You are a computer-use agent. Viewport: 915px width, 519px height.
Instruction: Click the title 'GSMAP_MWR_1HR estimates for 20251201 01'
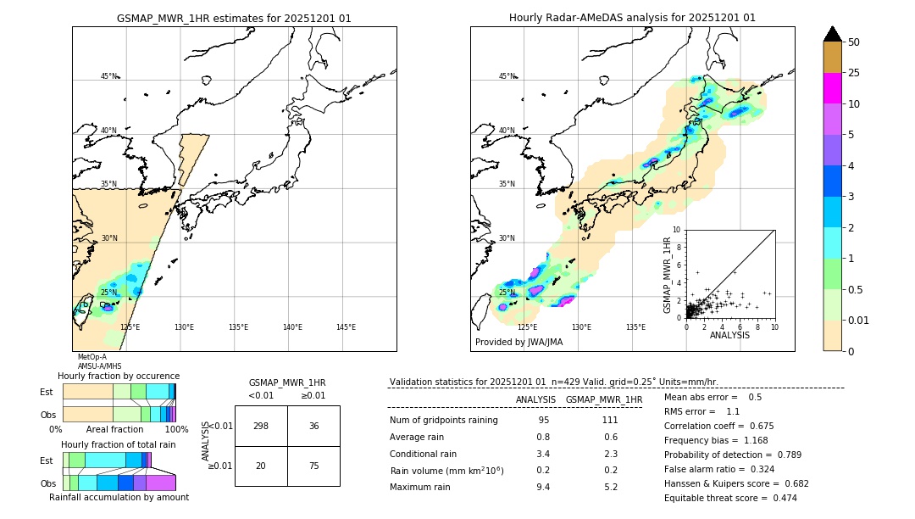coord(234,18)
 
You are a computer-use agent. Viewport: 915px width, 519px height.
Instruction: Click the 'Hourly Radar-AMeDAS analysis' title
coord(632,18)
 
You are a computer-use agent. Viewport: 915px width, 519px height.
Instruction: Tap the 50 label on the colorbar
coord(854,42)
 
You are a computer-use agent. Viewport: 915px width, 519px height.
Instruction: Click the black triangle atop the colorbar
coord(833,34)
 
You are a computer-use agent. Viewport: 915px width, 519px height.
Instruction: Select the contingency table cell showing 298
coord(261,426)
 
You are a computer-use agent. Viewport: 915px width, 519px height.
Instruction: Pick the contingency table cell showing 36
coord(313,426)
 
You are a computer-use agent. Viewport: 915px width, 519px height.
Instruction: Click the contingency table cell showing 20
coord(261,466)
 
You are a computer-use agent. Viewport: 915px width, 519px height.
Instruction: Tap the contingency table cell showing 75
coord(313,466)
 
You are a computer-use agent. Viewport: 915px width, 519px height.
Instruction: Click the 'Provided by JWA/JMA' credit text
coord(518,343)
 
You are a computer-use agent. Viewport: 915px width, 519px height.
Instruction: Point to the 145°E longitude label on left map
coord(346,327)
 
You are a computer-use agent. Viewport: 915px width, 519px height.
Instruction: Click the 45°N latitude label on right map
coord(507,76)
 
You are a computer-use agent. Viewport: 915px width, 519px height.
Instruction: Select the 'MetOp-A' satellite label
coord(92,357)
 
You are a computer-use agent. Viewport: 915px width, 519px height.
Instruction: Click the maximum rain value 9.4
coord(543,487)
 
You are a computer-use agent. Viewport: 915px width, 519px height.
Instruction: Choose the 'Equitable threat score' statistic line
coord(730,498)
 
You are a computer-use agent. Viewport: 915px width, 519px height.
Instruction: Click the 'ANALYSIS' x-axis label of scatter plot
coord(729,335)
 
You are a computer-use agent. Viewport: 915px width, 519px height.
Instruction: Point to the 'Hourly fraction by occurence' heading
coord(119,376)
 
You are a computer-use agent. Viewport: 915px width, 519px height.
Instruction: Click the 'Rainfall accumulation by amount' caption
coord(119,497)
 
